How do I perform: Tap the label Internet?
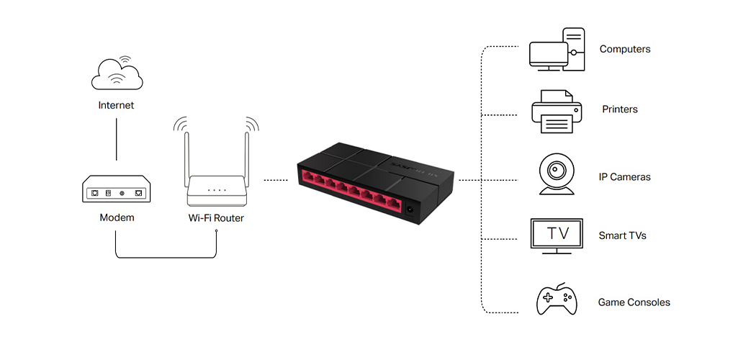116,105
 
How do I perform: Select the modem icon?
116,191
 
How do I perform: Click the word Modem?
117,217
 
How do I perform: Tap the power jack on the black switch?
410,211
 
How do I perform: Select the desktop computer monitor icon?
549,54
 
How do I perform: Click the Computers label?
624,50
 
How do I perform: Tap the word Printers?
619,109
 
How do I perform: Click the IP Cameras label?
624,177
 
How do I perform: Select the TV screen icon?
556,235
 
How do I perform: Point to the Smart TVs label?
622,235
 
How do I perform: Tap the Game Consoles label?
634,302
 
